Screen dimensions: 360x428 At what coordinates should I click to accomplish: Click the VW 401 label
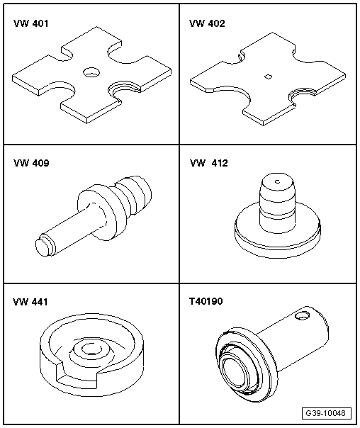point(31,23)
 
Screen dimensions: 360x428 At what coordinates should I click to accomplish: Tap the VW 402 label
point(207,23)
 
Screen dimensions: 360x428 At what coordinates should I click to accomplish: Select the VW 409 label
point(31,163)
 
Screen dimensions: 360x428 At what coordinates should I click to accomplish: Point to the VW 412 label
point(209,163)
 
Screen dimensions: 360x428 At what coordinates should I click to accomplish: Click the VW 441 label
point(30,302)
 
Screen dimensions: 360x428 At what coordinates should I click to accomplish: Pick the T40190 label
point(206,301)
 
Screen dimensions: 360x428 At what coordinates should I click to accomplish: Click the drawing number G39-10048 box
point(327,413)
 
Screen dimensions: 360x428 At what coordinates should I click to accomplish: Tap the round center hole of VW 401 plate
point(91,72)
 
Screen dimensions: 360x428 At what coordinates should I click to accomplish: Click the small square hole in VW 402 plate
point(269,77)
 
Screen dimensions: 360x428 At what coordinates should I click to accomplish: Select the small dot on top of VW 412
point(278,181)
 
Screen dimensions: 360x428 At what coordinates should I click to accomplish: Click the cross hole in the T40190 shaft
point(303,316)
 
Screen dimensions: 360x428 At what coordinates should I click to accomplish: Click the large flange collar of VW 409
point(101,212)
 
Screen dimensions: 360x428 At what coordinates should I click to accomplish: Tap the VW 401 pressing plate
point(91,75)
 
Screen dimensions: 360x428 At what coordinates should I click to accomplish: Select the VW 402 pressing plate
point(268,79)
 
